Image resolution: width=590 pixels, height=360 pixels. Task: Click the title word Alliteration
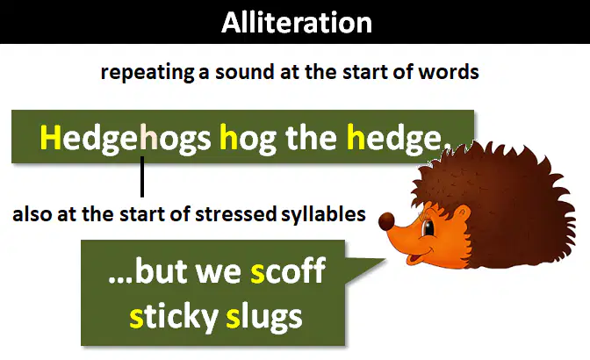pyautogui.click(x=297, y=23)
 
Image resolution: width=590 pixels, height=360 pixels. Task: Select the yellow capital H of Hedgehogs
pyautogui.click(x=50, y=137)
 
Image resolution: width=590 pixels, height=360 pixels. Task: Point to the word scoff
pyautogui.click(x=288, y=270)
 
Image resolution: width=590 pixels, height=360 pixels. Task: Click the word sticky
pyautogui.click(x=174, y=318)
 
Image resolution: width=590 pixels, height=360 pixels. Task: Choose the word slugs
pyautogui.click(x=264, y=318)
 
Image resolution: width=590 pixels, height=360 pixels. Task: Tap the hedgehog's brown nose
pyautogui.click(x=386, y=221)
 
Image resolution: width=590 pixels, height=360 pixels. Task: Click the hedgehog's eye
pyautogui.click(x=428, y=227)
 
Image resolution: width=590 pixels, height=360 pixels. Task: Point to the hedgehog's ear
pyautogui.click(x=463, y=215)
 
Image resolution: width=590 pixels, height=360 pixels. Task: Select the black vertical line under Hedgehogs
pyautogui.click(x=142, y=176)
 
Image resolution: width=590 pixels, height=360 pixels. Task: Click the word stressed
pyautogui.click(x=236, y=213)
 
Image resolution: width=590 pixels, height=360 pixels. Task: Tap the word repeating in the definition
pyautogui.click(x=147, y=72)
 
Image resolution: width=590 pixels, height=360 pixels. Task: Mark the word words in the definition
pyautogui.click(x=449, y=71)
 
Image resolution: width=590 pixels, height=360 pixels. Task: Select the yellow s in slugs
pyautogui.click(x=233, y=318)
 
